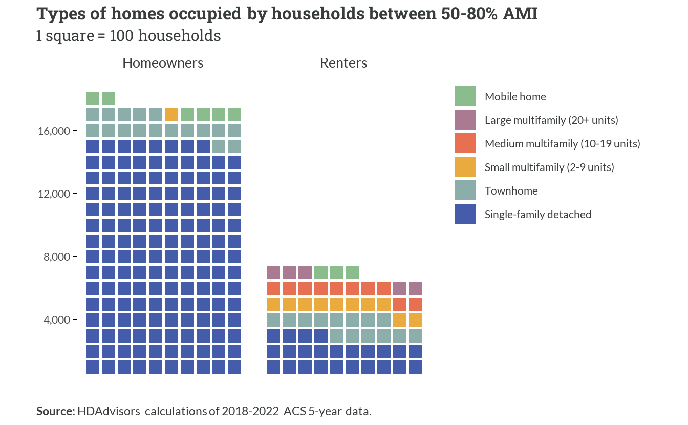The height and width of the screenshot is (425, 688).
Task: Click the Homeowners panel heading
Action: click(163, 63)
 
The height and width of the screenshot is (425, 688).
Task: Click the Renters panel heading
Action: click(343, 63)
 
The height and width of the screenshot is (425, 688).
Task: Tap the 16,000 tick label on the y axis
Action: click(54, 131)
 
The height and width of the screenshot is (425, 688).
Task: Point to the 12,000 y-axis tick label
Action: click(54, 194)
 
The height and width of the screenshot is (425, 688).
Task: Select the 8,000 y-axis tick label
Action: click(57, 257)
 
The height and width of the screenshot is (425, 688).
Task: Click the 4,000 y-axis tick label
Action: click(57, 320)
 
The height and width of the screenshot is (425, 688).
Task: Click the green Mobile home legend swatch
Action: click(465, 96)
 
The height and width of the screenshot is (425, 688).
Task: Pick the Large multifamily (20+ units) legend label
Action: click(551, 120)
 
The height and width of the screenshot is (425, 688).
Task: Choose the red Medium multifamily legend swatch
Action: click(465, 143)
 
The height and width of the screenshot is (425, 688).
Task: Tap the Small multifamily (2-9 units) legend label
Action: click(549, 167)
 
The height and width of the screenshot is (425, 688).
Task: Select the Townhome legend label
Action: click(511, 191)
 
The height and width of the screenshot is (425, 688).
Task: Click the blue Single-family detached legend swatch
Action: click(465, 214)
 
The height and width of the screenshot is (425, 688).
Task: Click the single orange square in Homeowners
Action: click(171, 115)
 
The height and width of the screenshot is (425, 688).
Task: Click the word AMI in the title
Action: click(520, 14)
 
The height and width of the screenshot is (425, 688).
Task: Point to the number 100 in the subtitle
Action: click(121, 36)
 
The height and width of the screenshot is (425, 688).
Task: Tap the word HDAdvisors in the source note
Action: click(109, 411)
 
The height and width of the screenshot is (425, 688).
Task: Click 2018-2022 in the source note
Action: click(250, 411)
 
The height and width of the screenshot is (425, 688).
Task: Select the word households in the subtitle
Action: click(179, 36)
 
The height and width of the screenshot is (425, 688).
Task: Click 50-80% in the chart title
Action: click(469, 14)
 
